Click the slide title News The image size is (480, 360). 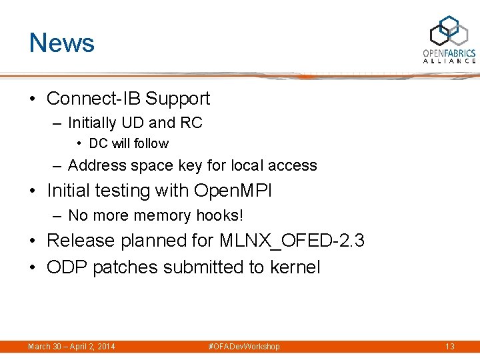click(x=62, y=43)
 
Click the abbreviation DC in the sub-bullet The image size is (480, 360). click(x=98, y=143)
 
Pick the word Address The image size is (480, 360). click(x=96, y=165)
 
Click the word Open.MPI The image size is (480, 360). click(x=233, y=191)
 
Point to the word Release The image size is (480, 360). click(x=80, y=240)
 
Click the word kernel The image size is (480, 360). click(x=295, y=267)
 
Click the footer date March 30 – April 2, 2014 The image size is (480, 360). click(x=71, y=347)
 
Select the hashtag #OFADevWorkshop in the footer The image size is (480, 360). click(x=244, y=347)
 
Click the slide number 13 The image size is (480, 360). click(x=449, y=347)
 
